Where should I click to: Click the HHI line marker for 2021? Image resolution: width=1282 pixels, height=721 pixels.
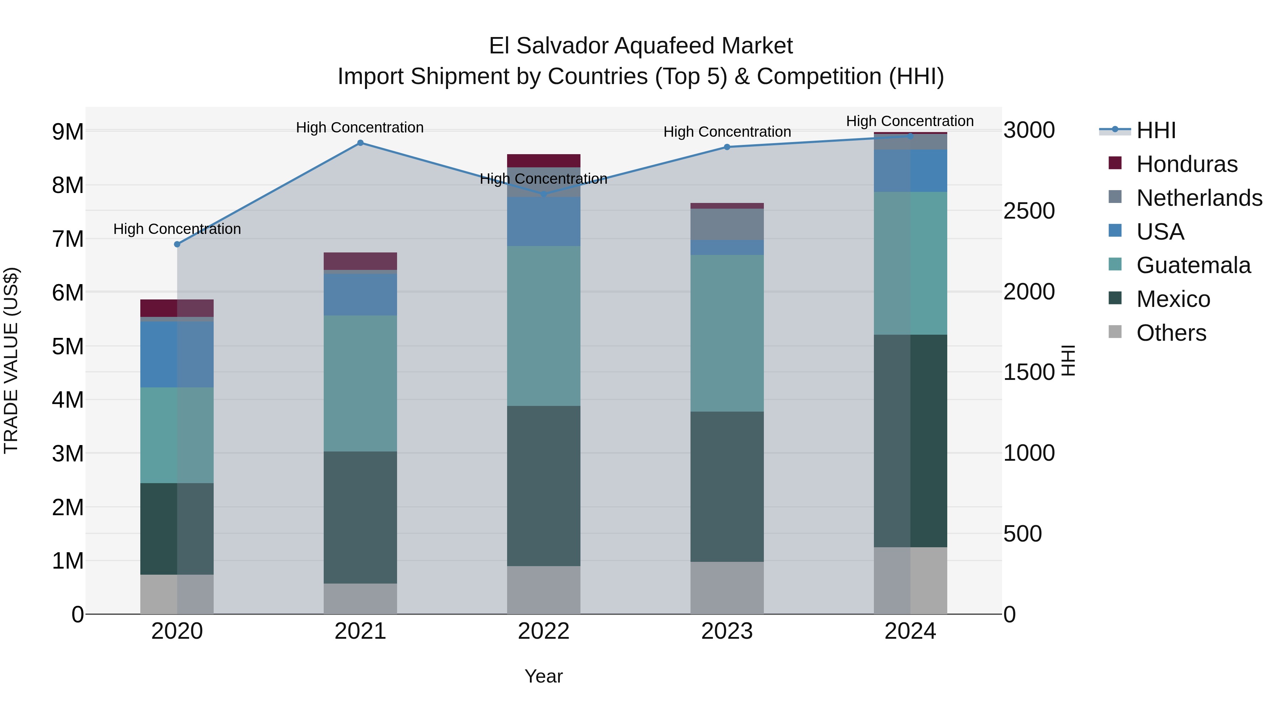[360, 143]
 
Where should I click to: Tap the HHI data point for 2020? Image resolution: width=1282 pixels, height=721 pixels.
[177, 244]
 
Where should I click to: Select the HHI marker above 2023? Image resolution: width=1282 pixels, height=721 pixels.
[727, 147]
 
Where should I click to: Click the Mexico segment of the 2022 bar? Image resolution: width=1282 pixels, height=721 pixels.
[543, 486]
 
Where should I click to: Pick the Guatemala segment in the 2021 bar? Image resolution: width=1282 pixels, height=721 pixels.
[360, 383]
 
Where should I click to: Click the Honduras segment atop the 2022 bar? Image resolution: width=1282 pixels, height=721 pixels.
[543, 161]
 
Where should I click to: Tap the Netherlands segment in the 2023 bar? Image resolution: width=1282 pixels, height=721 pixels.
[727, 224]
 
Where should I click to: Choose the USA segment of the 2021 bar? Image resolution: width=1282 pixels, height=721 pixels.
[360, 294]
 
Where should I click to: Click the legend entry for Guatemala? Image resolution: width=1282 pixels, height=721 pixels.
[1193, 265]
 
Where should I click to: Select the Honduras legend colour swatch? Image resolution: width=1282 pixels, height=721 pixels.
[1115, 163]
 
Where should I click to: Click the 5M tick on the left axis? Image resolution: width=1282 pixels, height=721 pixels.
[68, 346]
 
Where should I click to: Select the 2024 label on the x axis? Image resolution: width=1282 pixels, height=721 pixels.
[910, 631]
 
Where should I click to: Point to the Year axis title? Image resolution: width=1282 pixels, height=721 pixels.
[543, 676]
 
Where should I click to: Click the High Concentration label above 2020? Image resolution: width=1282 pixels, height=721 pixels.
[177, 229]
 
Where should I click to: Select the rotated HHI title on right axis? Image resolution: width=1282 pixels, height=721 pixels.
[1068, 360]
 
